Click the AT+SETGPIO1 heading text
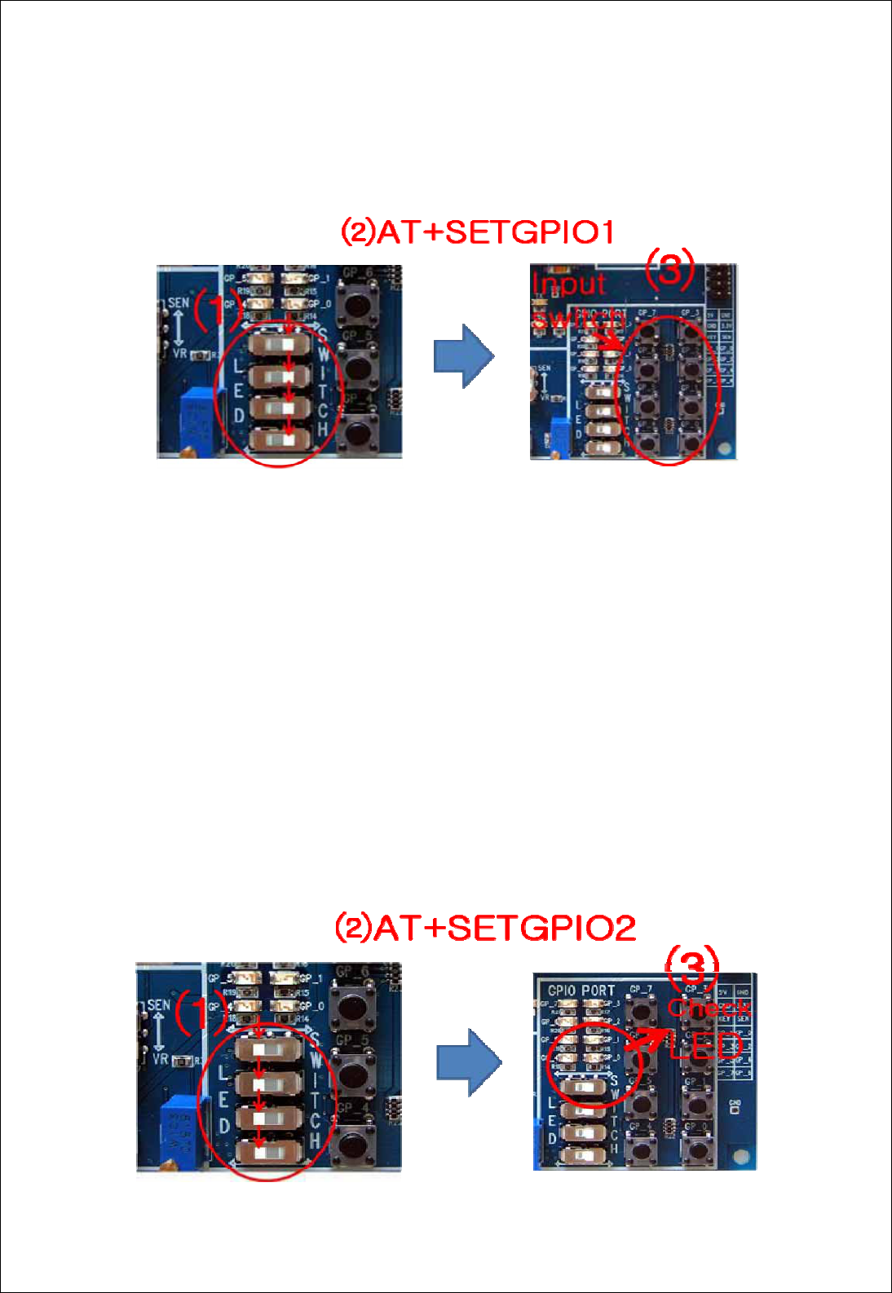pos(477,232)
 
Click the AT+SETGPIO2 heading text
pos(485,928)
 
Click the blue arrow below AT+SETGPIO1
pos(463,356)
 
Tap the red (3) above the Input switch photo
pos(669,268)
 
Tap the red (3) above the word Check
pos(692,965)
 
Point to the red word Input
pos(569,284)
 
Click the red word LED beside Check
pos(706,1046)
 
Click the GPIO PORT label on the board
pos(581,991)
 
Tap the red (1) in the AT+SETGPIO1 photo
pos(214,310)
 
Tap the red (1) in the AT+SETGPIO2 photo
pos(198,1011)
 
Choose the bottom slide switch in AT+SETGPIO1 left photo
pos(279,440)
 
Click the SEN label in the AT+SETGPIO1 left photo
pos(179,303)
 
